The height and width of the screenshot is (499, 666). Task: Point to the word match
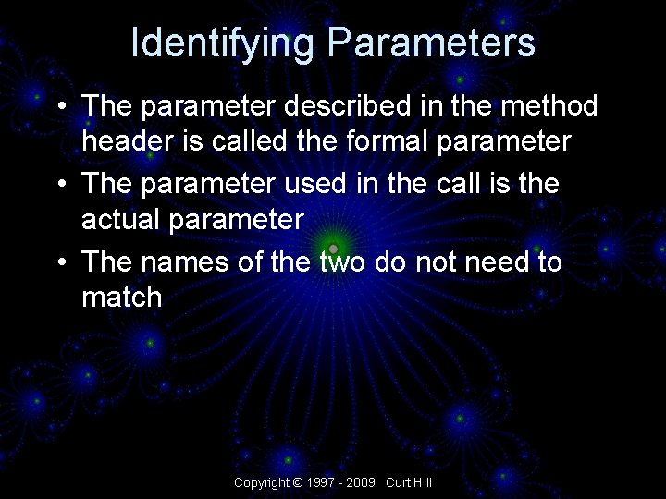click(122, 298)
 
